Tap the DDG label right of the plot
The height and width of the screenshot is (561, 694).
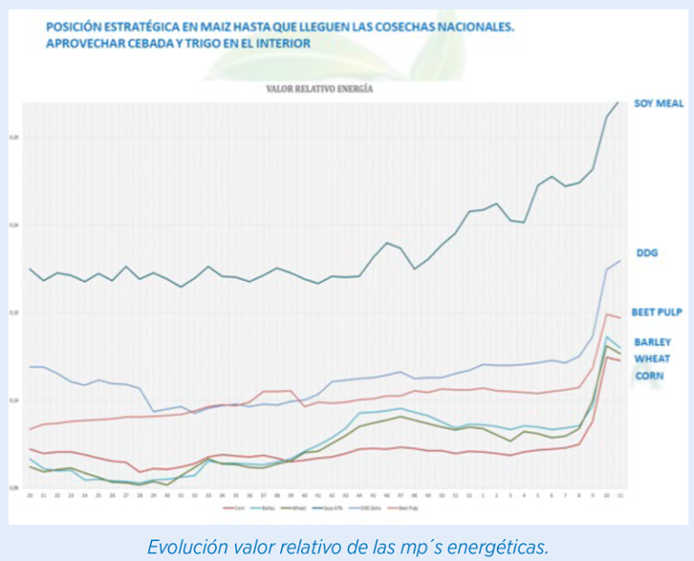pyautogui.click(x=647, y=253)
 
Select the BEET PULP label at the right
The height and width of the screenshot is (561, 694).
pyautogui.click(x=656, y=313)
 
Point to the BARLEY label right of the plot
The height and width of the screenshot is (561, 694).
pyautogui.click(x=652, y=342)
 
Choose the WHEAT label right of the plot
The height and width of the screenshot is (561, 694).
pyautogui.click(x=652, y=359)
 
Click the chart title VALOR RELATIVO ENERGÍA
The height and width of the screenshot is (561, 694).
pyautogui.click(x=320, y=89)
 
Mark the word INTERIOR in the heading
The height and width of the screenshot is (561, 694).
pyautogui.click(x=282, y=43)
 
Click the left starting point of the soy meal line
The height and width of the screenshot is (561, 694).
pyautogui.click(x=30, y=268)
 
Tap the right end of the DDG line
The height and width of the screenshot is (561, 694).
pyautogui.click(x=621, y=260)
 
